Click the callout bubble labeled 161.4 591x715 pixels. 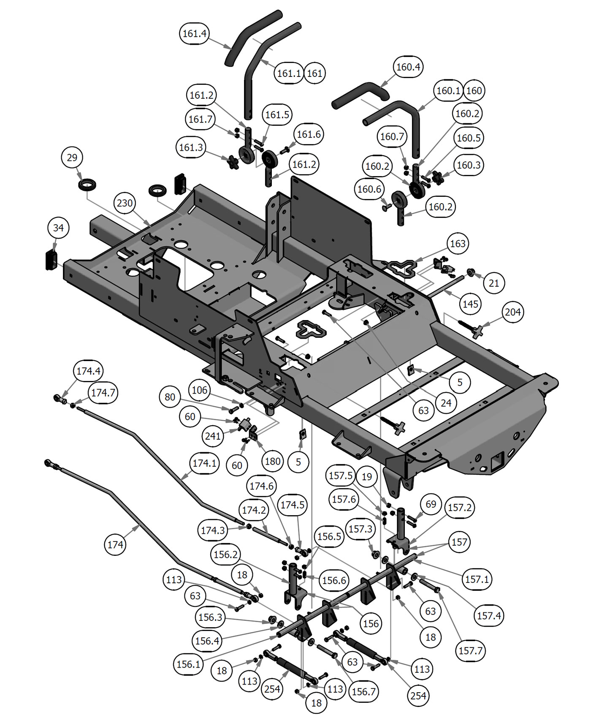tap(195, 33)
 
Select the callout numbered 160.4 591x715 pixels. tap(408, 67)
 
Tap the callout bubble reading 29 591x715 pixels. tap(72, 158)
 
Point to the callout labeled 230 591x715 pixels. tap(125, 203)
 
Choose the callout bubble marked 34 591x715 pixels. tap(58, 228)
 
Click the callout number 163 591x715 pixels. tap(458, 244)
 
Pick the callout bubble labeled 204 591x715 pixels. tap(513, 312)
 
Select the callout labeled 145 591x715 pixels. tap(471, 304)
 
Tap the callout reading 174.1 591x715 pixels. tap(204, 463)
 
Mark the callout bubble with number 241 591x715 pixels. tap(213, 435)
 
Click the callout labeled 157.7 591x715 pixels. tap(471, 651)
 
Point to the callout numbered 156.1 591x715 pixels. tap(188, 664)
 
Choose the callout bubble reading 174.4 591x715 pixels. tap(88, 371)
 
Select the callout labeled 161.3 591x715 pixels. tap(191, 147)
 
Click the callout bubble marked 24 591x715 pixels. tap(446, 403)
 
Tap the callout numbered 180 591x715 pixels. tap(272, 461)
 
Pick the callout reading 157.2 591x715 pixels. tap(459, 507)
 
